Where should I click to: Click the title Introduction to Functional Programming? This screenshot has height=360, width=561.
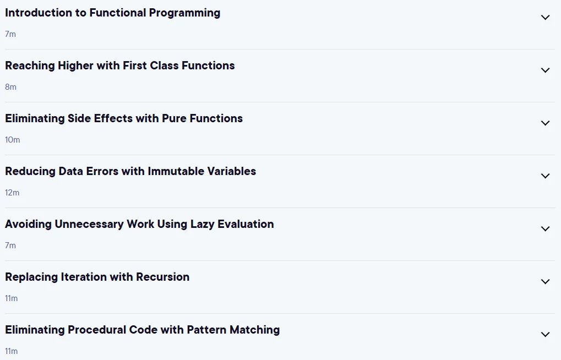[113, 13]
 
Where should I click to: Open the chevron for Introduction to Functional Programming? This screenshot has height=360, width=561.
[545, 17]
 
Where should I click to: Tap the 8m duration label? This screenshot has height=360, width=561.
[10, 87]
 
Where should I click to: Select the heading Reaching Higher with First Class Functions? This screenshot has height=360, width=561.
[120, 66]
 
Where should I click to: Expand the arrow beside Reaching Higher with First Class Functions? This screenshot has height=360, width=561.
[545, 70]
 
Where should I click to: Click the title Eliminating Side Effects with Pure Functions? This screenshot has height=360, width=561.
[124, 118]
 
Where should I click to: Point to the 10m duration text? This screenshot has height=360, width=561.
[13, 140]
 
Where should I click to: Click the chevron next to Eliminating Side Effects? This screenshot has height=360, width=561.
[545, 123]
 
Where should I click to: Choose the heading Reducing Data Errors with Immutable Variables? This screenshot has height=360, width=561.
[130, 171]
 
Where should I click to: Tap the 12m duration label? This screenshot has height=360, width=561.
[12, 193]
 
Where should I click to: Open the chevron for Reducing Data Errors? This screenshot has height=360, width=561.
[545, 176]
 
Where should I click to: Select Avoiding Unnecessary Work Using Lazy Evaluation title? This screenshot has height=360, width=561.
[139, 225]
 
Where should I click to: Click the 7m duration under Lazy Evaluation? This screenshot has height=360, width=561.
[10, 246]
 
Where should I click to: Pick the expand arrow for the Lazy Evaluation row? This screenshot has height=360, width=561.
[545, 228]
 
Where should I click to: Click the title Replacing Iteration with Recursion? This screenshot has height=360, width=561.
[97, 277]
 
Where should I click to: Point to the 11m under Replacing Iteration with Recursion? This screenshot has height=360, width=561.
[12, 298]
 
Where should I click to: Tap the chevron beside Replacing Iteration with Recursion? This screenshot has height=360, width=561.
[545, 282]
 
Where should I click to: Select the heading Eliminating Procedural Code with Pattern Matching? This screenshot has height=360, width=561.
[143, 330]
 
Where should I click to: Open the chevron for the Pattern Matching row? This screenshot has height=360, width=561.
[545, 334]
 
